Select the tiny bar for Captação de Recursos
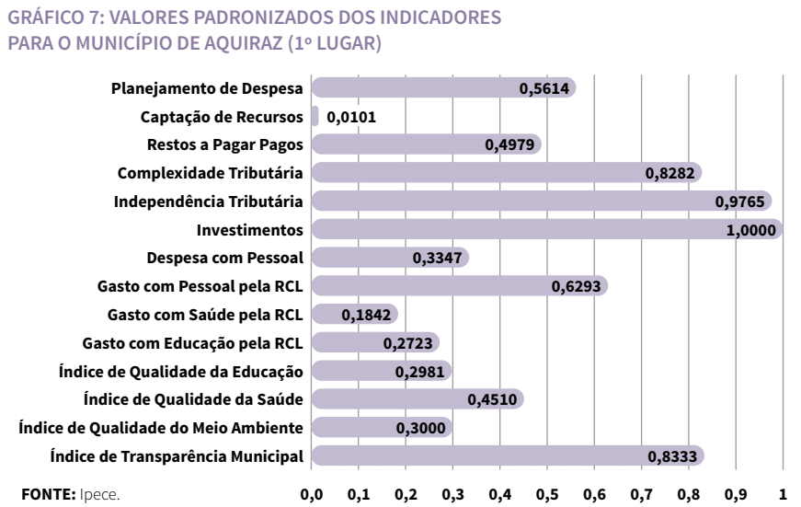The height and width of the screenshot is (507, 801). (315, 117)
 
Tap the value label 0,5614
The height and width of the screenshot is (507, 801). (546, 89)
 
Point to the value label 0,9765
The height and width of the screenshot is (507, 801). (742, 202)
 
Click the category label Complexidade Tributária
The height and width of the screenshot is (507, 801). (212, 173)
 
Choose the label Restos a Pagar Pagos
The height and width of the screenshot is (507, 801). (226, 144)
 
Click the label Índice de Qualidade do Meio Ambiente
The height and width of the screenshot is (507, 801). (162, 427)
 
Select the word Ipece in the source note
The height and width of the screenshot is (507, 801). (99, 493)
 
